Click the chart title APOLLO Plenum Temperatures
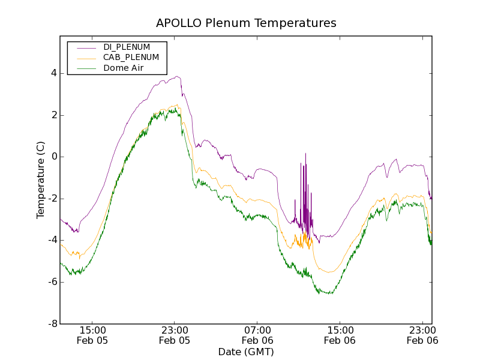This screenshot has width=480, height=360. pos(246,23)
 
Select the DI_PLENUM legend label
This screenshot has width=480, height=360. pos(127,47)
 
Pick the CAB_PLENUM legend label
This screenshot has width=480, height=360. pos(131,58)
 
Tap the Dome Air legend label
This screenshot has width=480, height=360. pos(124,68)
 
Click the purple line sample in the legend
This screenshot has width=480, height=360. pos(83,47)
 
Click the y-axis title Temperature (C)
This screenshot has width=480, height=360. pos(41,181)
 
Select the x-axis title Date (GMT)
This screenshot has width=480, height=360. pos(246,352)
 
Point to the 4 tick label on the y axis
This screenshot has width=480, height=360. pos(54,73)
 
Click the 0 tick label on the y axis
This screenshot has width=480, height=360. pos(54,157)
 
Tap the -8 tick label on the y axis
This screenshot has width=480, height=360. pos(52,323)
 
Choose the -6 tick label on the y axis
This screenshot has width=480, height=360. pos(52,282)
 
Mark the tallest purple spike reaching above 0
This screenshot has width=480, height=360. pos(305,154)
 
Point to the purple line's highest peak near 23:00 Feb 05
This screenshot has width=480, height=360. pos(176,77)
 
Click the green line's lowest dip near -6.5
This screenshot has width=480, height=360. pos(329,293)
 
